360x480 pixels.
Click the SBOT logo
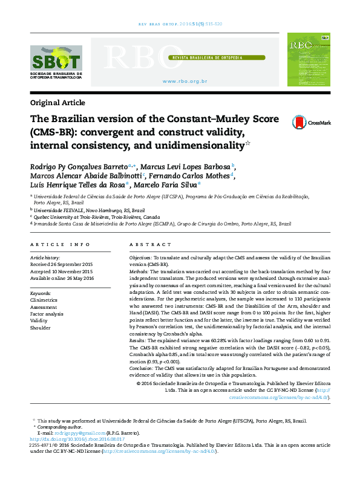[x=56, y=63]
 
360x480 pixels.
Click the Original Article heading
[x=57, y=102]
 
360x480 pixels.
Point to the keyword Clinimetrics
[x=44, y=300]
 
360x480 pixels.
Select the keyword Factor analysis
[x=47, y=314]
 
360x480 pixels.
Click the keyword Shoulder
[x=41, y=329]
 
